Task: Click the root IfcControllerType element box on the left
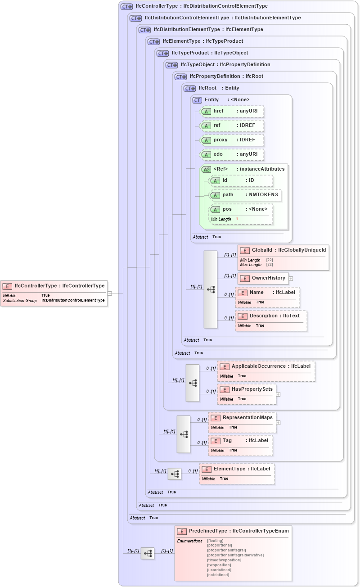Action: coord(54,286)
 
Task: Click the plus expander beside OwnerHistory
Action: coord(291,278)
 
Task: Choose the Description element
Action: coord(270,316)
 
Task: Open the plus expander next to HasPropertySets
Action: coord(278,394)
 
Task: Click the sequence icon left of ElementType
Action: coord(175,474)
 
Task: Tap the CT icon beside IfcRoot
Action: coord(189,88)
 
